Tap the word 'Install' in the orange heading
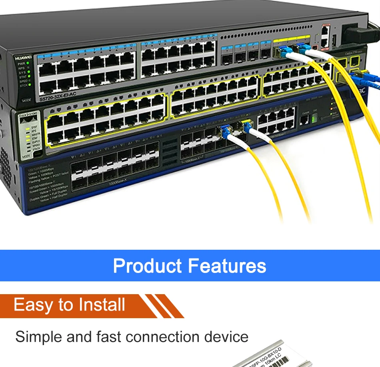point(102,305)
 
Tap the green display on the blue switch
point(314,118)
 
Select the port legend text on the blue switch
point(46,186)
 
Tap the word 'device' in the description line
point(226,337)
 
